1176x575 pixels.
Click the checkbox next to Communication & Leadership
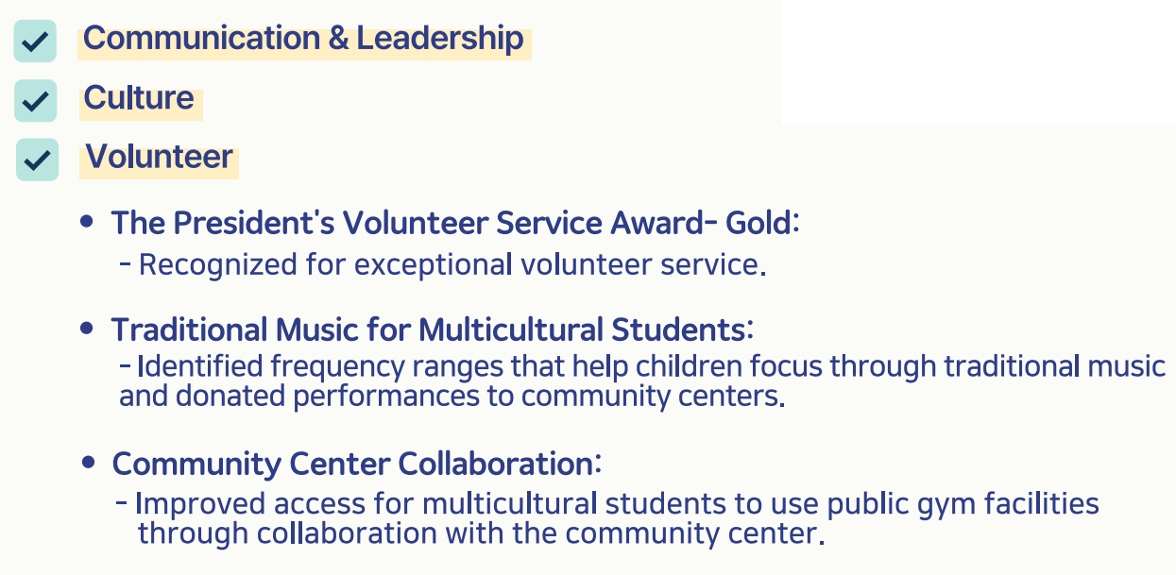tap(35, 41)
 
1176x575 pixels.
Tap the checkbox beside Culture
tap(36, 101)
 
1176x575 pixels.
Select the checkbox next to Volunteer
tap(37, 160)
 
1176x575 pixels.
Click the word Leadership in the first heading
tap(440, 39)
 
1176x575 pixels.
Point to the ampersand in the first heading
tap(338, 39)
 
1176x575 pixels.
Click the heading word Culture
tap(139, 97)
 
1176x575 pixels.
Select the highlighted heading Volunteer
tap(159, 157)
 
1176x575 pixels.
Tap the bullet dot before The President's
tap(87, 221)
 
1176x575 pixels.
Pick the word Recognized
tap(218, 264)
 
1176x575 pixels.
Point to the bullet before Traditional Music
tap(87, 329)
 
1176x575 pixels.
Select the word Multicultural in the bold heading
tap(510, 330)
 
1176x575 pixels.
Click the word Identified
tap(200, 365)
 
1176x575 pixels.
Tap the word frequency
tap(337, 366)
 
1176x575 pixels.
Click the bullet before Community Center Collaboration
tap(88, 463)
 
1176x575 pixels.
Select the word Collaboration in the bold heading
tap(496, 464)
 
